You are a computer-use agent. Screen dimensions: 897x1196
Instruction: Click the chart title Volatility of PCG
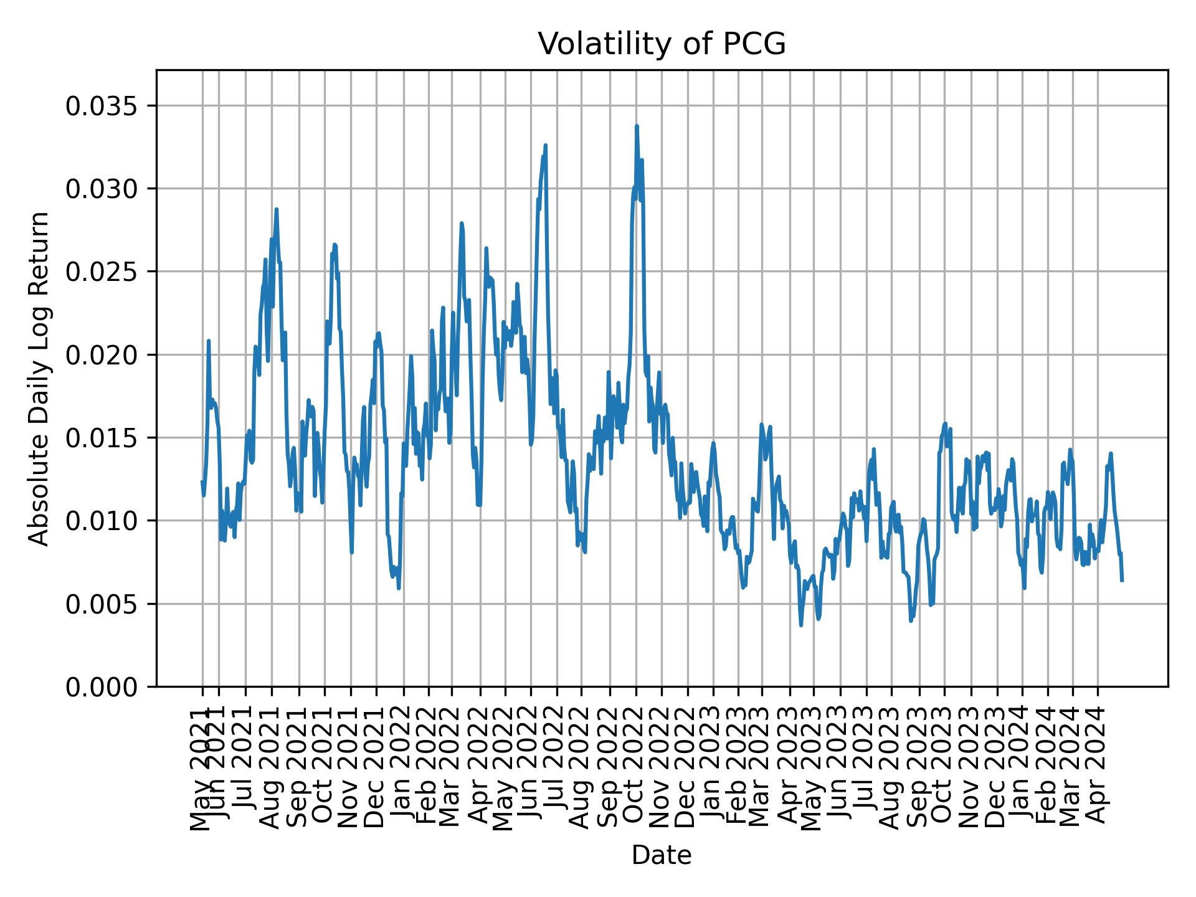click(662, 44)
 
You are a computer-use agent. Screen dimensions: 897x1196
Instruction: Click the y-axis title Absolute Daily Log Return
click(40, 378)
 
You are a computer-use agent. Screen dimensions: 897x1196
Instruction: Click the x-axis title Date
click(662, 855)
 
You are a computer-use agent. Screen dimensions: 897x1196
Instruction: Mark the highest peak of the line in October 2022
click(637, 126)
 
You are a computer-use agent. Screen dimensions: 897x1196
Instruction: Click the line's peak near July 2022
click(545, 145)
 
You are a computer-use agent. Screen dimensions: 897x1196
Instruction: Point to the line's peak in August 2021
click(276, 209)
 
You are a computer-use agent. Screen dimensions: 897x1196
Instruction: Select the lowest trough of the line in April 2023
click(801, 625)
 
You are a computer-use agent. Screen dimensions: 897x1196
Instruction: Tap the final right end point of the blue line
click(1122, 581)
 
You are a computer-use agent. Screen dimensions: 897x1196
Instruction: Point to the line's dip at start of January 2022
click(399, 588)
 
